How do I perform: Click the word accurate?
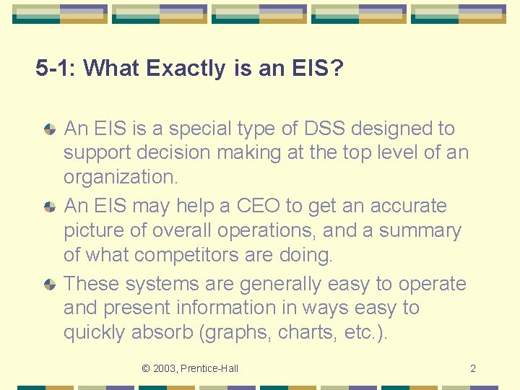[x=409, y=206]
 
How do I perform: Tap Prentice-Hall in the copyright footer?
[x=210, y=369]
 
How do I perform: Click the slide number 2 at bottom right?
[x=473, y=369]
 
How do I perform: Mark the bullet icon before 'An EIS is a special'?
[x=50, y=129]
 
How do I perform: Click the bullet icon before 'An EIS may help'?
[x=50, y=207]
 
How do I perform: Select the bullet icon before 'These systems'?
[x=50, y=285]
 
